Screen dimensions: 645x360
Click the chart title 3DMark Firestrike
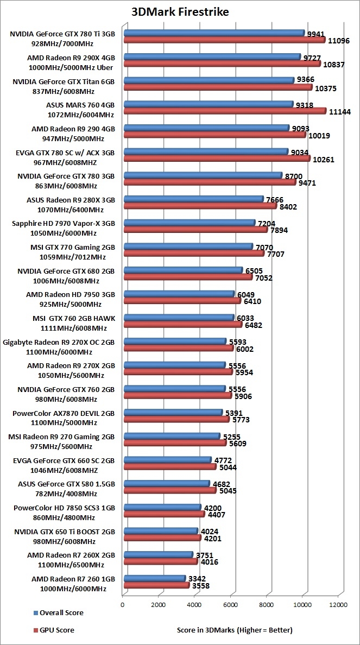tap(180, 11)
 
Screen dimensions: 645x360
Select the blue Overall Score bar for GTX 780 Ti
tap(214, 33)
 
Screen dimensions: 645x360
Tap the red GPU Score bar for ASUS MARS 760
tap(225, 111)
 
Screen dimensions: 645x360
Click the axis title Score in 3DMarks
tap(235, 630)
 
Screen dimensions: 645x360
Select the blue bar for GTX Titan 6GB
tap(209, 80)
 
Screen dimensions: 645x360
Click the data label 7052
tap(265, 278)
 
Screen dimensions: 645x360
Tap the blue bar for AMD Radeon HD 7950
tap(179, 293)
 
